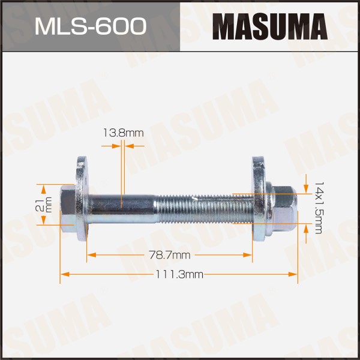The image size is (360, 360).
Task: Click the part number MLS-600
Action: (x=91, y=26)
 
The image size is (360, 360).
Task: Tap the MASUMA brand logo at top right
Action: (x=270, y=26)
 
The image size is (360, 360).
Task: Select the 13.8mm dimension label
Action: (x=123, y=133)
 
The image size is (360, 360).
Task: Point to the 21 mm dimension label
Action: (x=44, y=205)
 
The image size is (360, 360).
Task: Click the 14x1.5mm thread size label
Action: (x=318, y=208)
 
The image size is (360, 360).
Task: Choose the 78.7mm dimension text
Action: (x=170, y=255)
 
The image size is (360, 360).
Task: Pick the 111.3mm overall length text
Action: (x=179, y=274)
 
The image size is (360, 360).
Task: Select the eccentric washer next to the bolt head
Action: (x=82, y=199)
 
